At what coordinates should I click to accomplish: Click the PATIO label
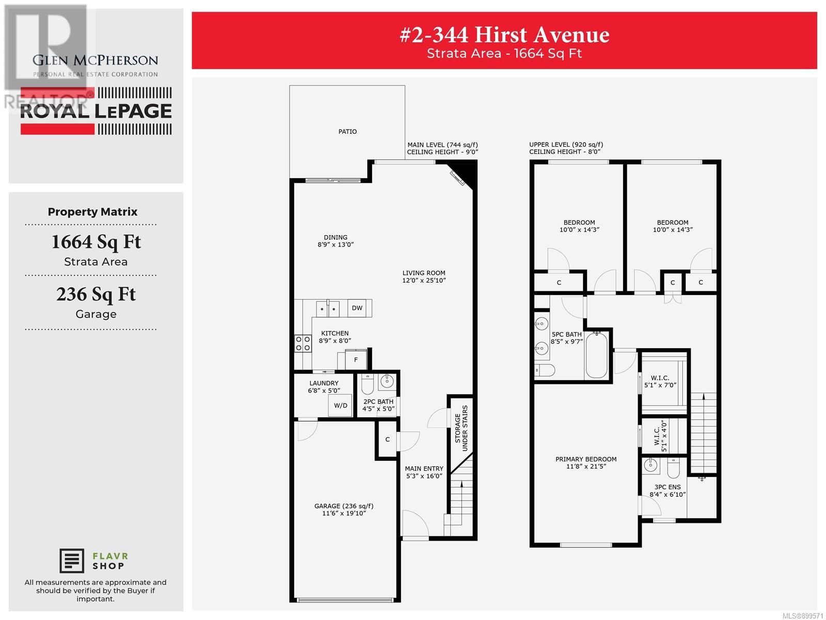[347, 131]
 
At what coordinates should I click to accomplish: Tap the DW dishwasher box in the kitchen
[357, 308]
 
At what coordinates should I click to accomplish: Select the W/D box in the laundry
[340, 406]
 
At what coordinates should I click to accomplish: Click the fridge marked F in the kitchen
[356, 360]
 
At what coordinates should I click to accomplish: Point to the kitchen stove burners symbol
[303, 343]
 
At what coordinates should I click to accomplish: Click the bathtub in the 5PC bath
[596, 355]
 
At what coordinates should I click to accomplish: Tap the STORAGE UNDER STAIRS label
[461, 428]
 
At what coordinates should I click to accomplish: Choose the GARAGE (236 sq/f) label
[344, 506]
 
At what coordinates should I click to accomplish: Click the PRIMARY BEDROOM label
[586, 459]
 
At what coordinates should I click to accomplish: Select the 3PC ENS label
[667, 487]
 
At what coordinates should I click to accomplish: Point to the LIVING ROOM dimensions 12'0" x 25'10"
[424, 280]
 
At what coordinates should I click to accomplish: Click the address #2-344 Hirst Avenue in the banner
[504, 35]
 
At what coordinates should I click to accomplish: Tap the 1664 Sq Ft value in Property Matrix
[97, 242]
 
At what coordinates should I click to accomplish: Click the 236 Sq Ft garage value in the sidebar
[96, 294]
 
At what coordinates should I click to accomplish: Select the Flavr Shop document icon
[71, 561]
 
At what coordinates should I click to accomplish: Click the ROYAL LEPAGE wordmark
[96, 111]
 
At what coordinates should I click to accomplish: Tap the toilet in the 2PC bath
[367, 384]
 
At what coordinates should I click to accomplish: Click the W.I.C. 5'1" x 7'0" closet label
[660, 381]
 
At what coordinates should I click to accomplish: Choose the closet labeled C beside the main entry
[387, 439]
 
